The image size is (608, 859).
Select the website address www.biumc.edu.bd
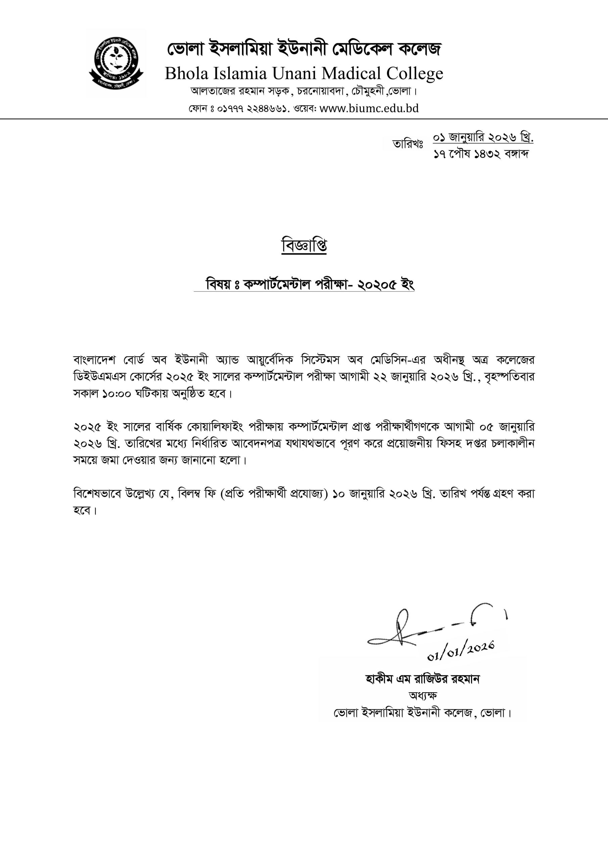coord(369,108)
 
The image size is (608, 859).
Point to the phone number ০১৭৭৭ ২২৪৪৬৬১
coord(252,109)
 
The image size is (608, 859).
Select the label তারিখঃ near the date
coord(407,144)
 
